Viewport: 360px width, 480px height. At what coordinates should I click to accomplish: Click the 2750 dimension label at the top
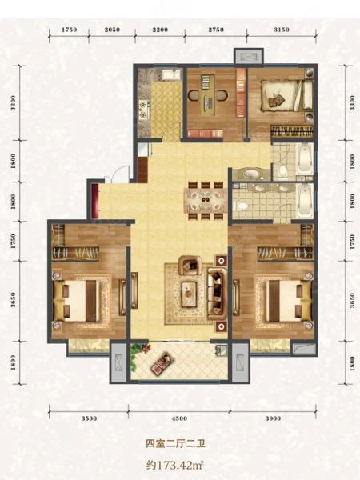216,30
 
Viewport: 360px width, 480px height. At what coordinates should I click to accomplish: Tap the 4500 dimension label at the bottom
179,418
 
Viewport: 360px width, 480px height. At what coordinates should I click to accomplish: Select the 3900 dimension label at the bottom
273,418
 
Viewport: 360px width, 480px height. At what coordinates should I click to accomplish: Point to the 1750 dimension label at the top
69,30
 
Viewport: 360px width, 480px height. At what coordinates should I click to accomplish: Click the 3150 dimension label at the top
282,30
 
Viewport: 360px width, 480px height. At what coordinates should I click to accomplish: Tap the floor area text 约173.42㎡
175,466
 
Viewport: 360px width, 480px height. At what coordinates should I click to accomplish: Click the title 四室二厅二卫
175,443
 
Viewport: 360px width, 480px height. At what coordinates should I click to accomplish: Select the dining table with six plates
206,201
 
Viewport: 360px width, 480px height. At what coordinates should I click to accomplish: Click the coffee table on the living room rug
189,294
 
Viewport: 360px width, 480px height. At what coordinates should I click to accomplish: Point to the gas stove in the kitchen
144,110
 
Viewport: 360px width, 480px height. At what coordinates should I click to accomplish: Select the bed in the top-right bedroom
287,95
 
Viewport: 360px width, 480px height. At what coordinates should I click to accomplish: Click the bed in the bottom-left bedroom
80,301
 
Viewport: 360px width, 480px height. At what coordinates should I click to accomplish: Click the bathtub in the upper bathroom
305,158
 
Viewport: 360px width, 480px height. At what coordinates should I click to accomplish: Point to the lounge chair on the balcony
162,363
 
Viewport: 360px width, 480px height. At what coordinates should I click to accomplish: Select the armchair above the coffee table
190,265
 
